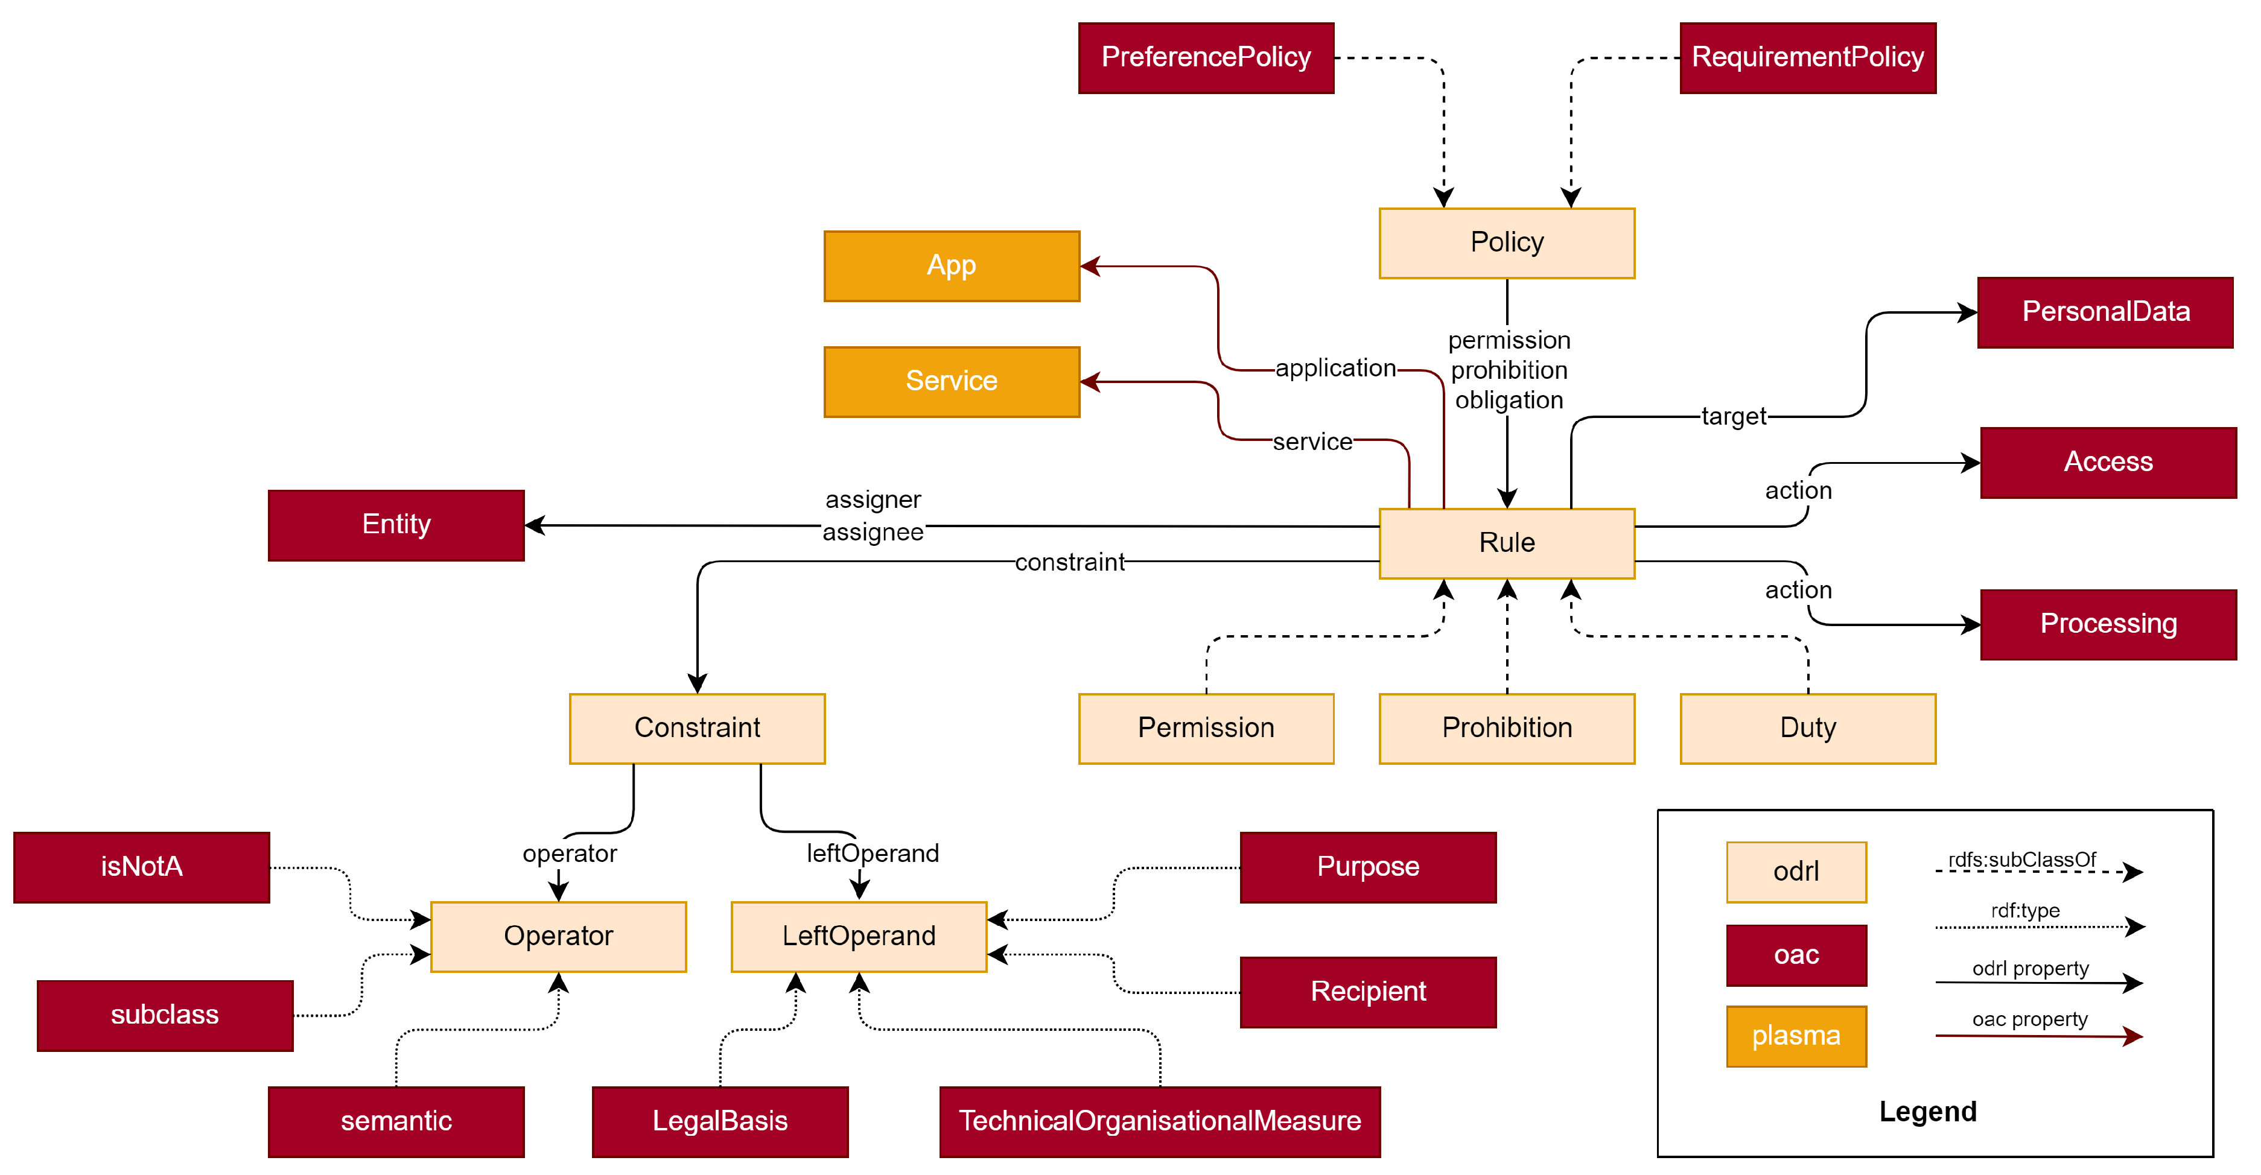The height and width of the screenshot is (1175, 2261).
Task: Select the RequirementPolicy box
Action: click(1807, 58)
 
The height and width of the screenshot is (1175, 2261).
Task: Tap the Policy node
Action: click(1506, 243)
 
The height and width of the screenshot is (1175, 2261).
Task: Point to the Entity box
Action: click(396, 525)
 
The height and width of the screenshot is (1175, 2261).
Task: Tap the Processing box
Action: click(2107, 624)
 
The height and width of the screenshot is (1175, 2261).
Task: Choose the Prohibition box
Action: click(1506, 728)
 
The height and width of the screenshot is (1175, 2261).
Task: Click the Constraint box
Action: click(697, 728)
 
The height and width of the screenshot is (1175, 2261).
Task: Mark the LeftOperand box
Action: click(859, 936)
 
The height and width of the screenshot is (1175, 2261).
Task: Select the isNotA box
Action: click(141, 867)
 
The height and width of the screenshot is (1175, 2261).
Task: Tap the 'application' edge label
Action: click(1334, 369)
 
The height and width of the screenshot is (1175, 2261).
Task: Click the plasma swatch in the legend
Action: click(1795, 1036)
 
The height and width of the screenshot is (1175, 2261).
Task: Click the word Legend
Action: click(1927, 1112)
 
